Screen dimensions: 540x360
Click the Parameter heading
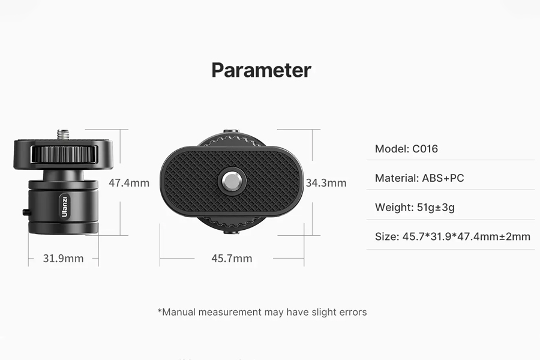point(262,70)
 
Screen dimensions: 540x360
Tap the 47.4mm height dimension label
point(129,182)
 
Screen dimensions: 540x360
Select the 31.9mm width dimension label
point(64,258)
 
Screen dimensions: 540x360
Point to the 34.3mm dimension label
point(326,182)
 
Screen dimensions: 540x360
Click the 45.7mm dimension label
point(232,258)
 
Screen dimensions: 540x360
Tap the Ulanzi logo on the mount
point(64,206)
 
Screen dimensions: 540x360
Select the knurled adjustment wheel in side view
point(64,154)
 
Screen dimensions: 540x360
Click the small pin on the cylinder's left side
point(25,212)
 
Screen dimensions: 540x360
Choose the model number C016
point(425,149)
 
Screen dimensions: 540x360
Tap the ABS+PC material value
point(443,178)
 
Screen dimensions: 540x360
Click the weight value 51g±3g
point(436,208)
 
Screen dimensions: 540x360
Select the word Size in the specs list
point(387,236)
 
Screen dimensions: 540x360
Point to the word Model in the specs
point(392,149)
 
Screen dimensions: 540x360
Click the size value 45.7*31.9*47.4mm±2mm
point(466,236)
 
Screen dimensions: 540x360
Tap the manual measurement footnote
point(262,312)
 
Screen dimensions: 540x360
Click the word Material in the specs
point(397,178)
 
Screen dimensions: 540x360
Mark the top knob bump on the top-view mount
point(231,132)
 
